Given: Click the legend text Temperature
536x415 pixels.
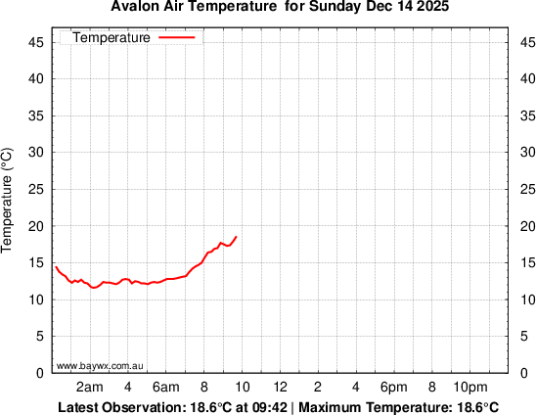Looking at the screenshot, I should pyautogui.click(x=112, y=38).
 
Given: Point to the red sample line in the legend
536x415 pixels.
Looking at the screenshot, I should pyautogui.click(x=176, y=38).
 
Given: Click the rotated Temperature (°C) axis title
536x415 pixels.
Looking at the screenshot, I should pyautogui.click(x=8, y=200).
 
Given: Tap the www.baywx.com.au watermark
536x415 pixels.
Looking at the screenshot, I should pyautogui.click(x=101, y=365).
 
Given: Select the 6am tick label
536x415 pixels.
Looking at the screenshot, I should pyautogui.click(x=166, y=386).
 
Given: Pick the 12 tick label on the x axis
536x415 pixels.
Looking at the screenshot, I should pyautogui.click(x=280, y=386).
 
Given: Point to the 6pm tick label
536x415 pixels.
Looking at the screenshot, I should pyautogui.click(x=393, y=386).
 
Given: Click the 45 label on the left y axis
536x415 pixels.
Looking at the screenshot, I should pyautogui.click(x=33, y=43).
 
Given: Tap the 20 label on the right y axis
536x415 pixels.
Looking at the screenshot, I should pyautogui.click(x=524, y=226).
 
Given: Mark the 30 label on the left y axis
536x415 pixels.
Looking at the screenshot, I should pyautogui.click(x=33, y=153).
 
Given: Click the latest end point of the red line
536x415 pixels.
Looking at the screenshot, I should pyautogui.click(x=236, y=237).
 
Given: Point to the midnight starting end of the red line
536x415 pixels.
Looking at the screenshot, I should pyautogui.click(x=55, y=265).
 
